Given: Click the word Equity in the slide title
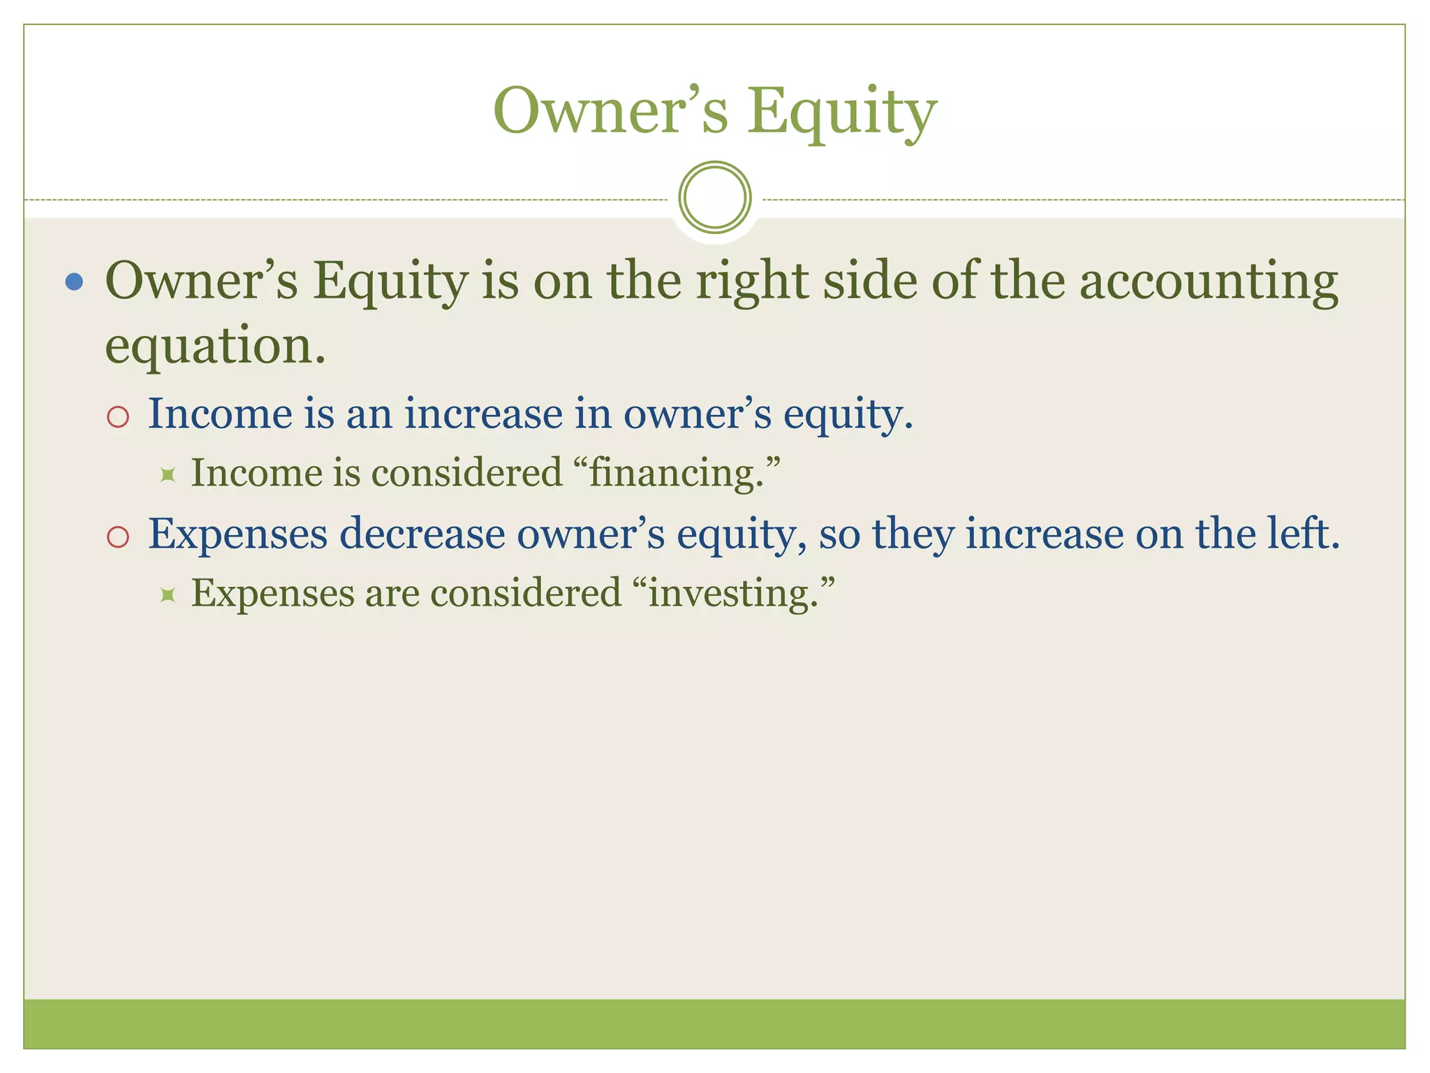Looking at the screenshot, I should [x=842, y=112].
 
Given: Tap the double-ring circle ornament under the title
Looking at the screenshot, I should [x=715, y=197].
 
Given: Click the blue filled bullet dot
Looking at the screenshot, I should [x=74, y=282].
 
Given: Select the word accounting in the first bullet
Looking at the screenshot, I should [x=1209, y=282].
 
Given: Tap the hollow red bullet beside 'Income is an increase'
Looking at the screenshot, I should [x=118, y=416].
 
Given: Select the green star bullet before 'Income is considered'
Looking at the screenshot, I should [x=167, y=475].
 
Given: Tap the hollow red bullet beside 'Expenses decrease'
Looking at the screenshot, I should [x=118, y=536].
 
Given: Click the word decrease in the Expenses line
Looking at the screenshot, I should [x=422, y=534].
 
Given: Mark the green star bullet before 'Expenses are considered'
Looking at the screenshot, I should [x=167, y=595].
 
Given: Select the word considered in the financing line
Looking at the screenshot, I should [x=466, y=473].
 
